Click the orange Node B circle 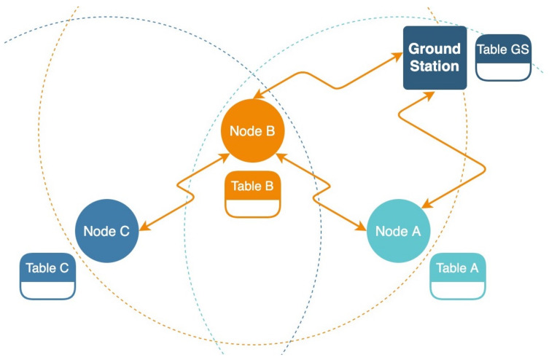(252, 131)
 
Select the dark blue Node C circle (106, 231)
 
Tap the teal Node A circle (397, 231)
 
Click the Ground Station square (435, 58)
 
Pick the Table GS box (503, 58)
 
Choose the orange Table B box (252, 195)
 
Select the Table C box (47, 276)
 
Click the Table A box (457, 276)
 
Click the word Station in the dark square (435, 66)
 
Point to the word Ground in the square (435, 50)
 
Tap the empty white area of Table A (457, 289)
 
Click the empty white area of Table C (47, 289)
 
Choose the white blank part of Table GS (503, 71)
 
